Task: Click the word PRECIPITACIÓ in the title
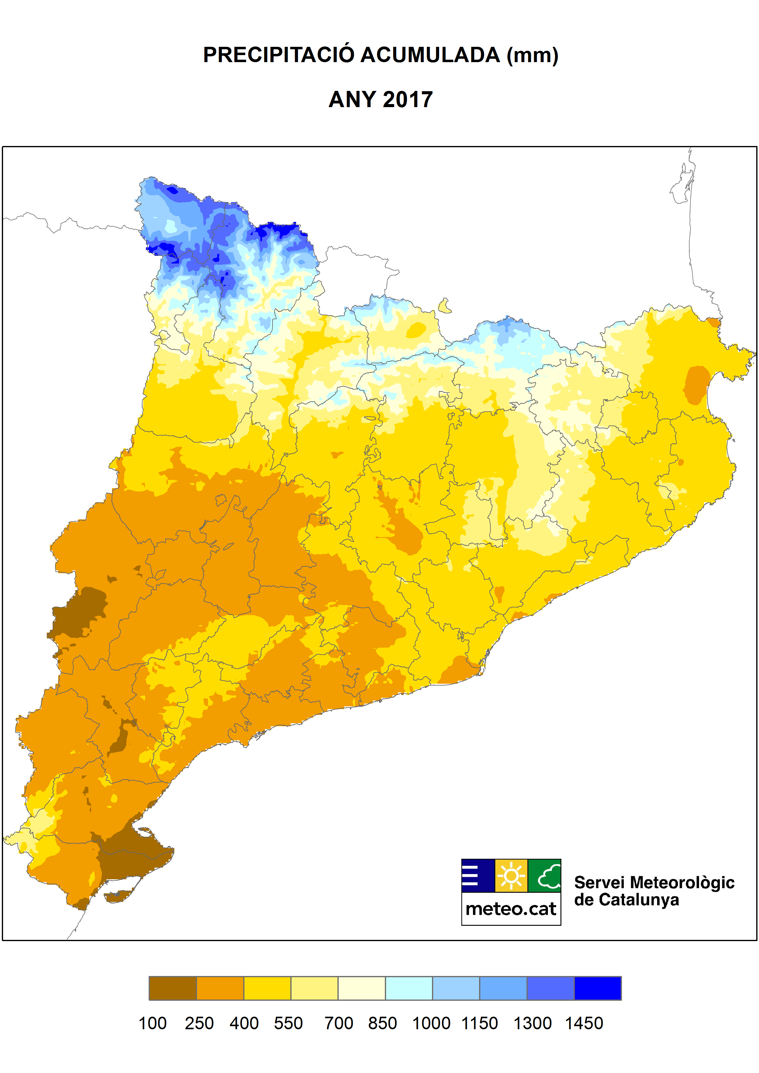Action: point(279,55)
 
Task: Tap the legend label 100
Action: point(152,1023)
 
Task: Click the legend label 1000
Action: point(431,1023)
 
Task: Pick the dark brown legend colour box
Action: point(173,988)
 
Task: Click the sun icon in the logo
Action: point(511,875)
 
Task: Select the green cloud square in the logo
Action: point(545,875)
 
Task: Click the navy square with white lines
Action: point(478,875)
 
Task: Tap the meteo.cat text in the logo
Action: point(511,909)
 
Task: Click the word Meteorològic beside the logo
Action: point(682,882)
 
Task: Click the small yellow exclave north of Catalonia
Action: point(445,306)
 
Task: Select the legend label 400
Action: point(244,1023)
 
